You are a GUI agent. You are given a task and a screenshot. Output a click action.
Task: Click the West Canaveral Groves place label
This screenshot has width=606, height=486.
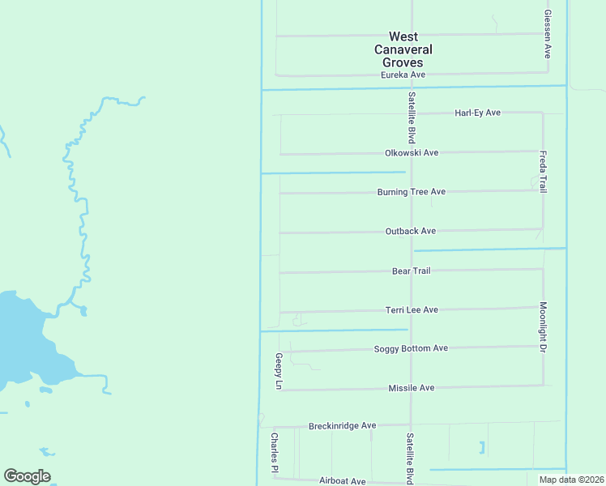(403, 49)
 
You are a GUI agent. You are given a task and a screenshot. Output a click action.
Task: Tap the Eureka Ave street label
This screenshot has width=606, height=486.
(403, 75)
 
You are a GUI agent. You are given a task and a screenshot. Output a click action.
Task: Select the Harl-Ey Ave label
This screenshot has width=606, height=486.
(477, 113)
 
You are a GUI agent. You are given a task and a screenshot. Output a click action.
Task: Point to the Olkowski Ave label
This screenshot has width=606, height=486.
(412, 152)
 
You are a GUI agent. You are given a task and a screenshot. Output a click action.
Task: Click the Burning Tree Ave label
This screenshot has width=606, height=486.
(412, 192)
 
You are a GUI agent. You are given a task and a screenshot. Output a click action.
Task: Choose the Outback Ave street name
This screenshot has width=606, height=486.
(411, 231)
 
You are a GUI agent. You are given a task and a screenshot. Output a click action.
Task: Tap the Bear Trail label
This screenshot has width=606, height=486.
(411, 271)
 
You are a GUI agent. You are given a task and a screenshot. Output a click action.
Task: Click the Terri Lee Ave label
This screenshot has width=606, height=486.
(412, 309)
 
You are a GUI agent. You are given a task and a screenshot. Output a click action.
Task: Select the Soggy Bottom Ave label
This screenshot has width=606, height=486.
(411, 348)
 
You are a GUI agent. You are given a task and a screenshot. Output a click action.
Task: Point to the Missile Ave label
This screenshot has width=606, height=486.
(411, 388)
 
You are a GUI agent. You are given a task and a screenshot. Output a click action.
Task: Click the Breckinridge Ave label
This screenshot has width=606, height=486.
(343, 425)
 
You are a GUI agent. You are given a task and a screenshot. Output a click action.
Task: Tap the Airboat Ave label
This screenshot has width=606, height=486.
(342, 481)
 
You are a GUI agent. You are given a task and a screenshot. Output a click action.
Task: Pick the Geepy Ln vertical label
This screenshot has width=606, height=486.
(278, 373)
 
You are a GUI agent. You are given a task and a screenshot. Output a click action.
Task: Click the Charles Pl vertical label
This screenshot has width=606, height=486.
(275, 453)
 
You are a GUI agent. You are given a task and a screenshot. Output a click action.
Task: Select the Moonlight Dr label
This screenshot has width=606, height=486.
(544, 327)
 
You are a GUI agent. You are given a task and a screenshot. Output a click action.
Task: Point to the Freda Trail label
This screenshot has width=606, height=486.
(544, 171)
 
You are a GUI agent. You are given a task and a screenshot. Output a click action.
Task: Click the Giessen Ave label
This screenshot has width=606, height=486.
(548, 34)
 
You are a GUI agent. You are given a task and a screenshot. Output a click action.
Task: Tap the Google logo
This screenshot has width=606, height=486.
(27, 476)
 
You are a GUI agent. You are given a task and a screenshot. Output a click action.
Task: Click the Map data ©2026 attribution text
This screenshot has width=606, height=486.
(570, 480)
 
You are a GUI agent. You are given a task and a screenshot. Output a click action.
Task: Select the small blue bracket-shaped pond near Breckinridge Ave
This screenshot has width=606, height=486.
(484, 446)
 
